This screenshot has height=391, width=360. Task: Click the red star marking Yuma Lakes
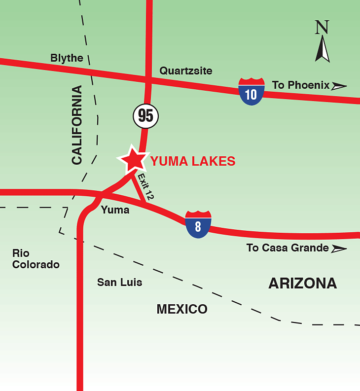tap(133, 159)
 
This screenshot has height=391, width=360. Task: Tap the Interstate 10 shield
tap(251, 91)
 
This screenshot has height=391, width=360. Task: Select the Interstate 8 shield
tap(198, 224)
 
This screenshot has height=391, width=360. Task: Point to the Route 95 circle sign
tap(145, 116)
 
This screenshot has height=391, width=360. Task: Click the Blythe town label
tap(67, 58)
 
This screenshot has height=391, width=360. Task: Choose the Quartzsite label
tap(186, 71)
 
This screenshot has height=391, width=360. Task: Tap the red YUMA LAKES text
tap(193, 161)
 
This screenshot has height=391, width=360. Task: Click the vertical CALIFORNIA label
tap(77, 125)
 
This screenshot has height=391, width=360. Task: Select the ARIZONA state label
tap(302, 284)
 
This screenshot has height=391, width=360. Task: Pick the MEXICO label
tap(182, 309)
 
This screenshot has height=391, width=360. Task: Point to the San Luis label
tap(119, 283)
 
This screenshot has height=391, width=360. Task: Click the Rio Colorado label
tap(36, 259)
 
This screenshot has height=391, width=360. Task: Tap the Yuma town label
tap(115, 210)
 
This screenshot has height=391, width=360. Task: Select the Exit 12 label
tap(146, 187)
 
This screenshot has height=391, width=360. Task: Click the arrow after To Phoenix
tap(339, 86)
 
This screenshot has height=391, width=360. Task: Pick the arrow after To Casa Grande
tap(339, 249)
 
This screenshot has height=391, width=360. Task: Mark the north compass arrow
tap(323, 49)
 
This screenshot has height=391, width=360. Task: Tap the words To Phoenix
tap(300, 85)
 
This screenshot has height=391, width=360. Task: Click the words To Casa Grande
tap(288, 248)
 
